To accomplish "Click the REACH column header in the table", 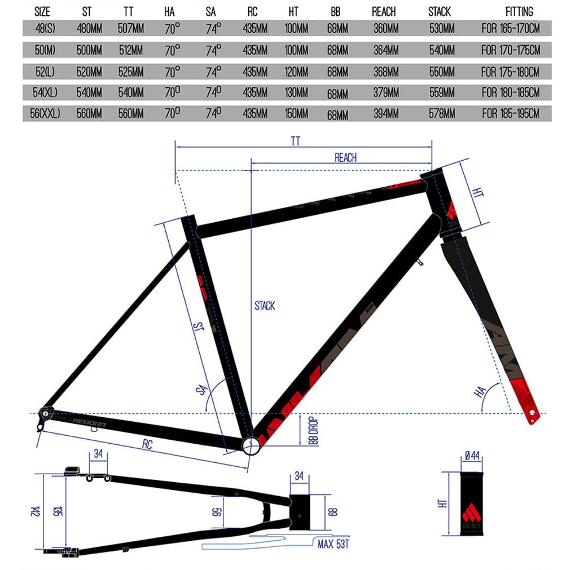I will click(x=384, y=11).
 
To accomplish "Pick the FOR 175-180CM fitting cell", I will click(x=510, y=72).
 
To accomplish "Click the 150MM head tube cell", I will click(x=296, y=114).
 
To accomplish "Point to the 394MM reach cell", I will click(x=386, y=114).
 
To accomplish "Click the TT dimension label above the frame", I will click(x=295, y=142).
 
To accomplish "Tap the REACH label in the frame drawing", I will click(x=345, y=158).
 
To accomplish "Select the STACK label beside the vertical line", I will click(x=265, y=306).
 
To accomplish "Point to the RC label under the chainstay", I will click(x=147, y=445).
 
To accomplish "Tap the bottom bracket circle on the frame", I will click(x=252, y=445).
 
